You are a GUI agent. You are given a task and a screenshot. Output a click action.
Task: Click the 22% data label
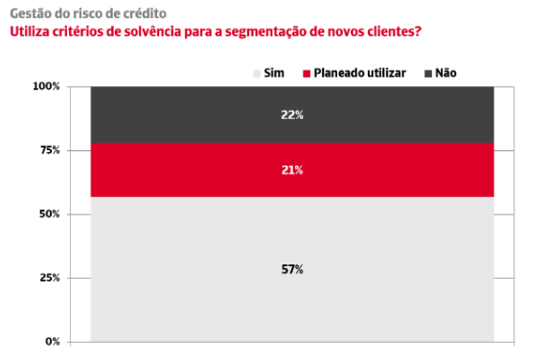pos(292,115)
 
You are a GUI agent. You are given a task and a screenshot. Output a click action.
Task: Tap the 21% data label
pos(292,170)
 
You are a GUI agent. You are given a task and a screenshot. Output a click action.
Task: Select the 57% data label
pos(292,270)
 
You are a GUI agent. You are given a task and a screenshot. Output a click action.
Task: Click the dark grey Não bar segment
pos(292,115)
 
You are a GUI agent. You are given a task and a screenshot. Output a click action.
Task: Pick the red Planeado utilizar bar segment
pos(292,170)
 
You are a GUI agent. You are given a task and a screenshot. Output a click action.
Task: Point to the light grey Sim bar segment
pos(292,270)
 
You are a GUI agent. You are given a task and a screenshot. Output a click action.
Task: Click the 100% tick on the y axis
pos(46,86)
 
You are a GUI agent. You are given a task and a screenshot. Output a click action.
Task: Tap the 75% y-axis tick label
pos(50,150)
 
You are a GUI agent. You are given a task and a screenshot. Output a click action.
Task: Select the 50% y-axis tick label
pos(50,214)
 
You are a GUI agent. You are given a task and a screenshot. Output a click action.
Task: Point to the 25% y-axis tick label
pos(50,278)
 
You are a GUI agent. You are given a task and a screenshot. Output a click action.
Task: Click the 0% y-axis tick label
pos(53,342)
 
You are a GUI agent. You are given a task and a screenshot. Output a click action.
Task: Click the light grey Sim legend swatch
pos(257,74)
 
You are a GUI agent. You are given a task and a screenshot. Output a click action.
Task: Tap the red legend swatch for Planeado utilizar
pos(307,74)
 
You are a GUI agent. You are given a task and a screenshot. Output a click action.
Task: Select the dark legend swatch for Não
pos(428,74)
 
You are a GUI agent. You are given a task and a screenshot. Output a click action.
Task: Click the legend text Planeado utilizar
pos(360,73)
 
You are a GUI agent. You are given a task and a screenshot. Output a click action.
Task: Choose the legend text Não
pos(445,73)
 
